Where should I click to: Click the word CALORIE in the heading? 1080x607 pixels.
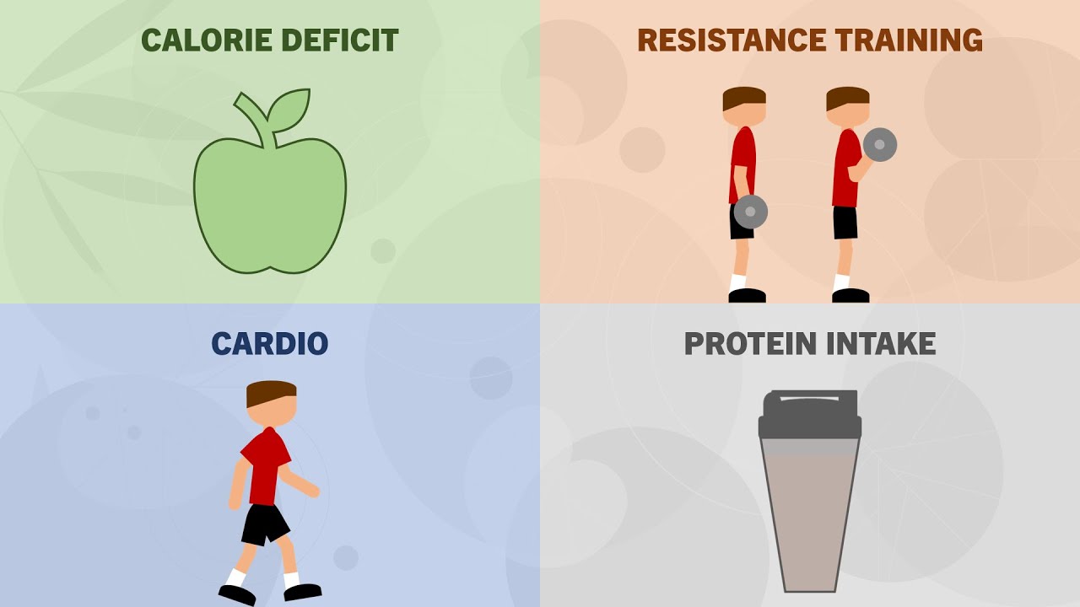pyautogui.click(x=195, y=40)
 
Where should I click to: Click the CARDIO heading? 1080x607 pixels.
pyautogui.click(x=269, y=344)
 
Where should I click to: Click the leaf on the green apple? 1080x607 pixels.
pyautogui.click(x=289, y=110)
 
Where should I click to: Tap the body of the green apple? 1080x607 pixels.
pyautogui.click(x=269, y=207)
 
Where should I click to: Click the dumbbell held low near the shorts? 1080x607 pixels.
pyautogui.click(x=750, y=212)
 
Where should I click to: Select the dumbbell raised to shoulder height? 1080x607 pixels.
pyautogui.click(x=879, y=145)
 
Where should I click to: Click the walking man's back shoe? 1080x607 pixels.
pyautogui.click(x=237, y=594)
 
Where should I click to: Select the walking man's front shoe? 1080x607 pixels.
pyautogui.click(x=302, y=591)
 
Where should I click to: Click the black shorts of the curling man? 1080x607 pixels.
pyautogui.click(x=845, y=223)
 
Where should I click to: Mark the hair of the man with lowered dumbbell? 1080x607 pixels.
pyautogui.click(x=743, y=95)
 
